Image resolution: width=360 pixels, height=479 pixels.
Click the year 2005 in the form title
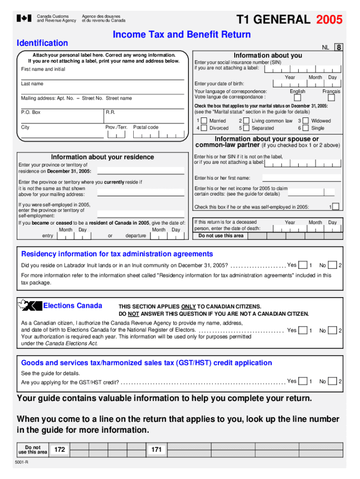329,20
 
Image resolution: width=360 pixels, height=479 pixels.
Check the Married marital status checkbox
204,121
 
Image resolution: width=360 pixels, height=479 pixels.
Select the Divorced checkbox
204,128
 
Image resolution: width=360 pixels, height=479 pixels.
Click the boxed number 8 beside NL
338,47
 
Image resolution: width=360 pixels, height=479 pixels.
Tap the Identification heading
42,43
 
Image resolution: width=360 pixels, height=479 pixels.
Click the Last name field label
32,84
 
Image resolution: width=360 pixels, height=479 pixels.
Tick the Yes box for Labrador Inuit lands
303,265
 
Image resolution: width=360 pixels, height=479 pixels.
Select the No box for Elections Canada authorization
332,331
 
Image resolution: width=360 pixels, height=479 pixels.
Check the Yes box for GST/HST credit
303,381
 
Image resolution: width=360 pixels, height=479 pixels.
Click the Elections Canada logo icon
29,305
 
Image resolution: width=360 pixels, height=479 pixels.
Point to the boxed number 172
59,450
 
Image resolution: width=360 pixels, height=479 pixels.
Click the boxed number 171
156,450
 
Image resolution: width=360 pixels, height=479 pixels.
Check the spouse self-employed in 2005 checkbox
336,207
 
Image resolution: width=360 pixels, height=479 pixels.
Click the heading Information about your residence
102,157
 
